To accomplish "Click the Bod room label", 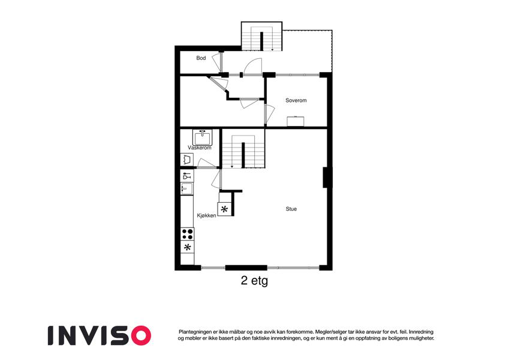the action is tap(201, 58).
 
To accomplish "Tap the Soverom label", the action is tap(296, 100).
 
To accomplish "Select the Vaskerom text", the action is tap(199, 148).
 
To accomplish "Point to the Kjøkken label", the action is tap(206, 215).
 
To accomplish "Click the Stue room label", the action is tap(291, 209).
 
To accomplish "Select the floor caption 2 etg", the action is tap(254, 280).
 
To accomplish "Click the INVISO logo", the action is tap(100, 335).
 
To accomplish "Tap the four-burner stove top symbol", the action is tap(187, 234).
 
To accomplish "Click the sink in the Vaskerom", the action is tap(202, 137).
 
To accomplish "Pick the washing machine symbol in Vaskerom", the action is tap(186, 160).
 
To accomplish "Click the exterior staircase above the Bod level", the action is tap(261, 36).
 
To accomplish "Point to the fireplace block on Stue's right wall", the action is tap(326, 178).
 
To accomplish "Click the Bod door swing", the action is tap(217, 62).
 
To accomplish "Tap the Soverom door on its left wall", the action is tap(269, 114).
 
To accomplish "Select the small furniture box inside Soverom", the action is tap(296, 121).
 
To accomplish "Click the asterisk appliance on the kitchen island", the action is tap(224, 209).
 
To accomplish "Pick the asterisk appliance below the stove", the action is tap(187, 247).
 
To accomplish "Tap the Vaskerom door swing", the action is tap(206, 163).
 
